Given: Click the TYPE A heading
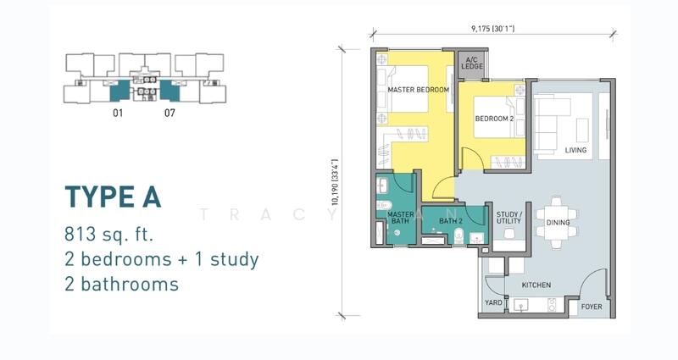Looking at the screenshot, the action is point(113,197).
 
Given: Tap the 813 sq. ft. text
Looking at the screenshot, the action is point(109,235).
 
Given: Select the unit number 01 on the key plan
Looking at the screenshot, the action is point(118,113).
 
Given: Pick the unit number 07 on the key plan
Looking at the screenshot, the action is point(170,113).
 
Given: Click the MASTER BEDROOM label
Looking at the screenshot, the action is point(418,90).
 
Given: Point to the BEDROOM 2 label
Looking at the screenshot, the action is point(495,119).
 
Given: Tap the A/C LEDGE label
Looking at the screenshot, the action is point(472,63).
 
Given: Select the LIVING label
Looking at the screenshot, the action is point(575,151).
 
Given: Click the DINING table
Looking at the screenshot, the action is point(557,223).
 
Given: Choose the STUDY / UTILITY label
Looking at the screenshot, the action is point(509,218).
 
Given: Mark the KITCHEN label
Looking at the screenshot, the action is point(536,285).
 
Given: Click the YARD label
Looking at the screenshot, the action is point(493,302).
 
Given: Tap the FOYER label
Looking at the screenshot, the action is point(592,307).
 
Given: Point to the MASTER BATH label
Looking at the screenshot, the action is point(400,218).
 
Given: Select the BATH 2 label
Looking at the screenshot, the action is point(451,221).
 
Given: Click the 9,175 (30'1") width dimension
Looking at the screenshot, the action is point(493,29).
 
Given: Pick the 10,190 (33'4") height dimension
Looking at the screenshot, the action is point(335,182).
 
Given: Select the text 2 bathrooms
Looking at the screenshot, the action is point(121,284).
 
